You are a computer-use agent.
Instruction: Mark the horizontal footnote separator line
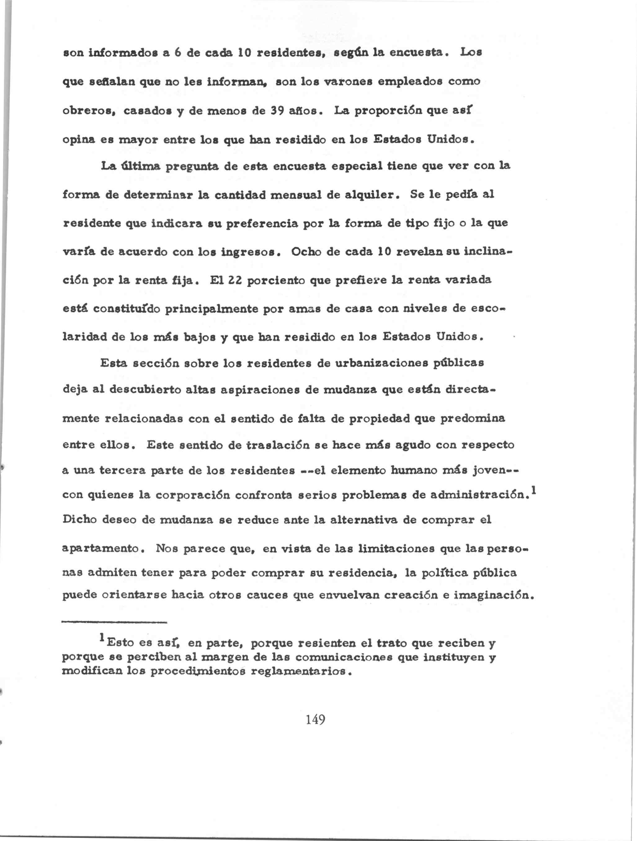114,622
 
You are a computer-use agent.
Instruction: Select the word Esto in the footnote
121,643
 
